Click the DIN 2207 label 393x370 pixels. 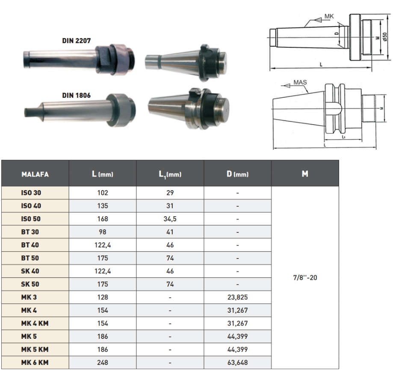point(76,41)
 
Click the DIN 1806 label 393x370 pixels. point(76,95)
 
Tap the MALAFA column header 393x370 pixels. point(35,174)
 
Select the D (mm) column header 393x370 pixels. point(237,174)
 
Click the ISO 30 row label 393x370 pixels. point(31,193)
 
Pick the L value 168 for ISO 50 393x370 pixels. point(103,219)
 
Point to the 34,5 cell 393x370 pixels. point(170,219)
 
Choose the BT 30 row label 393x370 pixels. point(30,232)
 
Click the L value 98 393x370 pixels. point(103,232)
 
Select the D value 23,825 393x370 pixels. point(237,297)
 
